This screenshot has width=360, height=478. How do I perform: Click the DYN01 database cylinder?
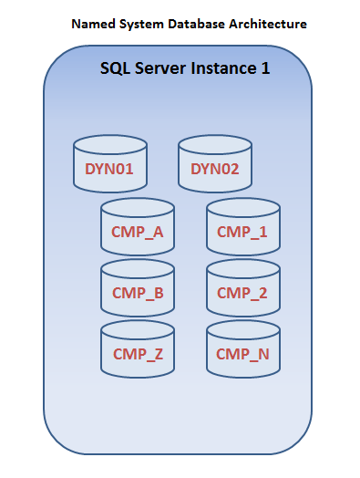109,164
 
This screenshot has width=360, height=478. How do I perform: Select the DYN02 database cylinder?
214,164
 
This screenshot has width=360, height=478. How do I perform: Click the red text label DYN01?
109,169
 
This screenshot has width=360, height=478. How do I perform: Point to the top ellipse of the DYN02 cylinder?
214,145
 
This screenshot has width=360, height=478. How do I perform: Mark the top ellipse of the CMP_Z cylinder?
137,330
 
